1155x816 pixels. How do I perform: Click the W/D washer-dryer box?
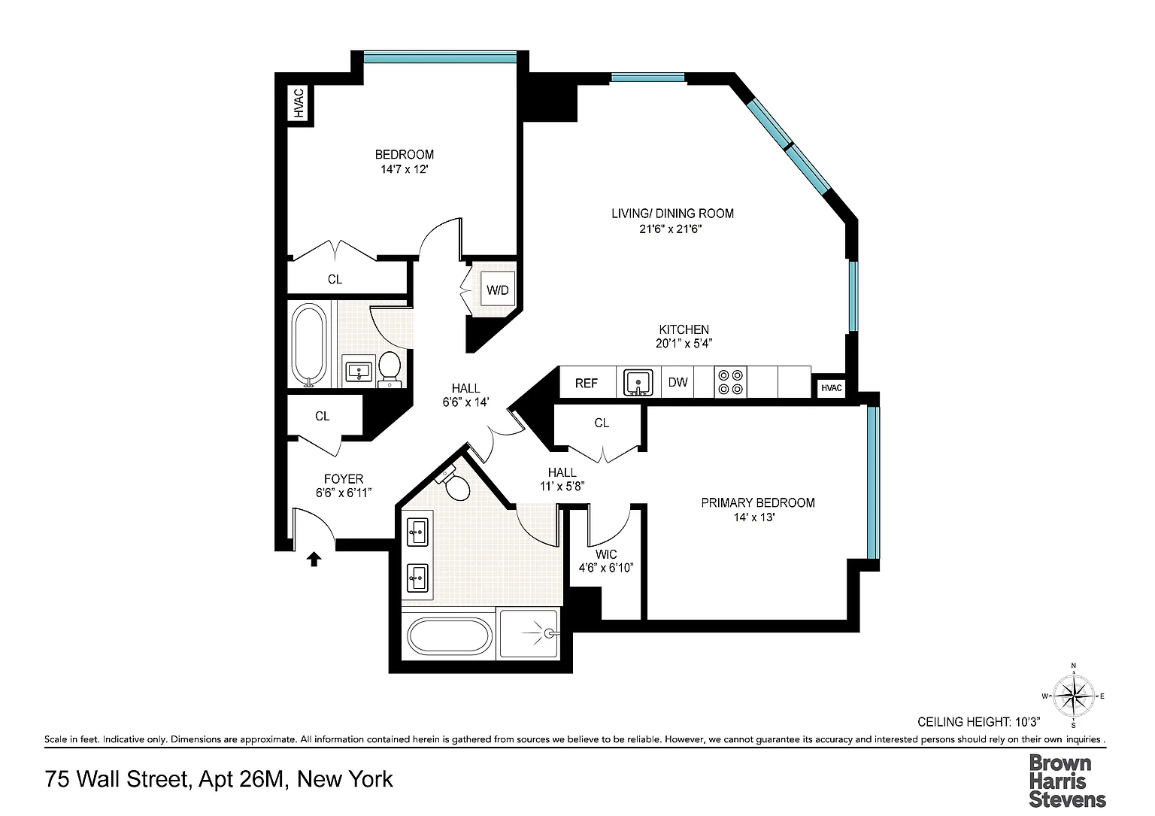click(498, 290)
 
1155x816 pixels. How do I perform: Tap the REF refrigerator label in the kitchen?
click(587, 384)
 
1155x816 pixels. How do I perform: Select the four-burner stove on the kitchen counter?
click(731, 382)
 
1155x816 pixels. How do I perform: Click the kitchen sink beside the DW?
click(638, 382)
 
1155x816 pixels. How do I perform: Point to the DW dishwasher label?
click(678, 382)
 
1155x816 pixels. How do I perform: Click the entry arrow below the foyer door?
click(314, 559)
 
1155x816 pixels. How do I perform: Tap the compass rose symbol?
click(1074, 696)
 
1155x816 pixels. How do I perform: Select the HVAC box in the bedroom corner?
click(298, 103)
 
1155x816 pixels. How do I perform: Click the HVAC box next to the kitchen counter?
click(831, 388)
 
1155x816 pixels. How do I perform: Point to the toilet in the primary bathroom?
click(453, 483)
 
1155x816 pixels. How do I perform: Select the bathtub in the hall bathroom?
click(309, 344)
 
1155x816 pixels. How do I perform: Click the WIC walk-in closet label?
click(606, 554)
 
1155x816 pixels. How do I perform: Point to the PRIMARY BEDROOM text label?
click(758, 502)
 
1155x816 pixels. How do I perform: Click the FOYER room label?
click(344, 478)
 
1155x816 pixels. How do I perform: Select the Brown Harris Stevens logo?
click(1067, 781)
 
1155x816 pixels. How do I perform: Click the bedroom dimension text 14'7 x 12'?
click(405, 169)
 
